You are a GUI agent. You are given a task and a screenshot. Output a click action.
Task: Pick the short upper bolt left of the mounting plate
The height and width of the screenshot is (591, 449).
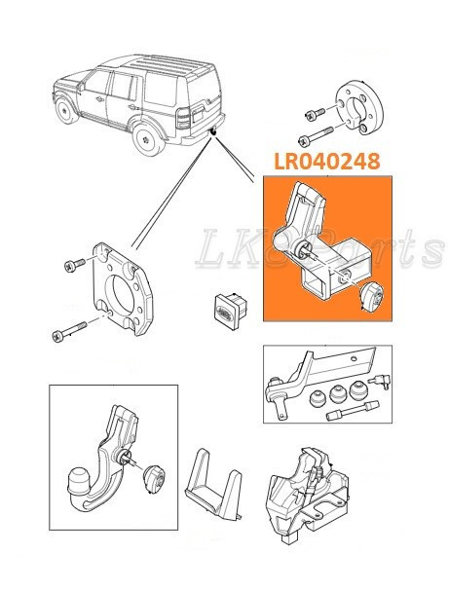click(75, 265)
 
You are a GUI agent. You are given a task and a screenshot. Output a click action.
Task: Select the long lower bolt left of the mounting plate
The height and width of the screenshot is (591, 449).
click(72, 334)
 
